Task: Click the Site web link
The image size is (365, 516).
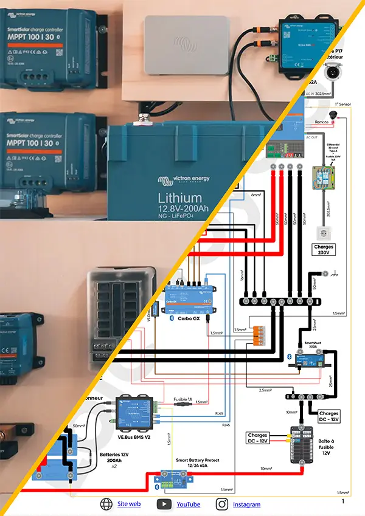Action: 129,504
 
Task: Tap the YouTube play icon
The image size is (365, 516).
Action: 164,504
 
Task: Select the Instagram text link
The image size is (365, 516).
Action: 246,504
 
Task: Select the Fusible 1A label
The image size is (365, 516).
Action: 182,399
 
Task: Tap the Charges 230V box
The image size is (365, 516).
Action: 324,250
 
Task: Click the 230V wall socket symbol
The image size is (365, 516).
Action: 324,232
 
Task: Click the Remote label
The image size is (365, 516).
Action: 322,122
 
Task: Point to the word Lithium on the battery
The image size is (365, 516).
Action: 179,198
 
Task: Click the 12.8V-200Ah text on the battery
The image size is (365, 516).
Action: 183,210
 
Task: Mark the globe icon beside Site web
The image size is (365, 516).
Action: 107,504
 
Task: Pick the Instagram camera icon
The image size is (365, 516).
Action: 222,504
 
